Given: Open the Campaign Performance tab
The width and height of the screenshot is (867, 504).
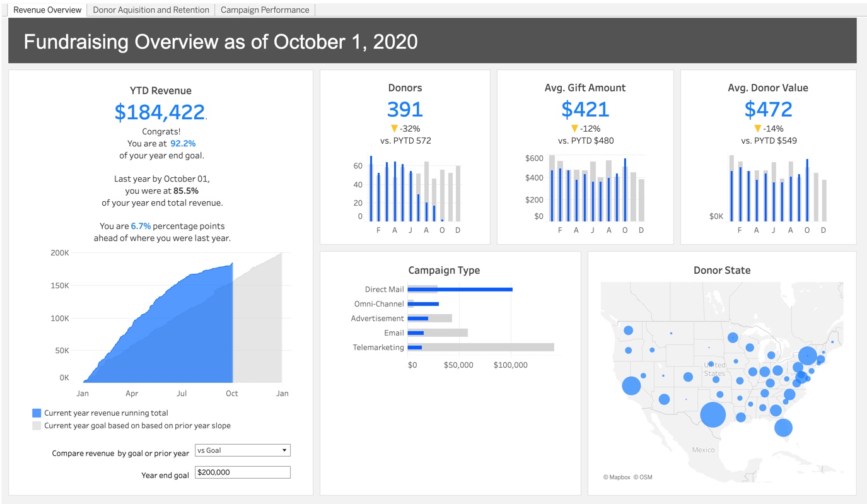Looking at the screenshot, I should pyautogui.click(x=265, y=10).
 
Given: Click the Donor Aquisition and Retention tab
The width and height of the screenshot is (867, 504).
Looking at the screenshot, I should pyautogui.click(x=151, y=10).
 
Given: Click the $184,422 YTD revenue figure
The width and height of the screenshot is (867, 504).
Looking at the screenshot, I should pyautogui.click(x=160, y=112).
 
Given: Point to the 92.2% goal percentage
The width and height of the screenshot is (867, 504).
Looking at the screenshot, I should pyautogui.click(x=183, y=143).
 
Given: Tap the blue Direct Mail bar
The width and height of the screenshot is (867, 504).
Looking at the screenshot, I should pyautogui.click(x=460, y=290).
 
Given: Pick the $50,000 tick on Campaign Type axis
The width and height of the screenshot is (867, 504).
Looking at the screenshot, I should pyautogui.click(x=458, y=365).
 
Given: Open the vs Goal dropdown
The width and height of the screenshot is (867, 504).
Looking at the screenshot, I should pyautogui.click(x=242, y=450).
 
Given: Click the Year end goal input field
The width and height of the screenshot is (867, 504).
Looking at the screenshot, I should pyautogui.click(x=242, y=472).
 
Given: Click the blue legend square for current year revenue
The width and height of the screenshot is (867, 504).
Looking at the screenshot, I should pyautogui.click(x=37, y=413).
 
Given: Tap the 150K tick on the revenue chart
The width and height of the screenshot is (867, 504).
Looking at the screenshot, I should pyautogui.click(x=60, y=286).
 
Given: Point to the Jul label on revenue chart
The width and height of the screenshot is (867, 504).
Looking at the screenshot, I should pyautogui.click(x=182, y=394).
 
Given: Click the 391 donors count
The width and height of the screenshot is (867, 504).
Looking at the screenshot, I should pyautogui.click(x=405, y=110).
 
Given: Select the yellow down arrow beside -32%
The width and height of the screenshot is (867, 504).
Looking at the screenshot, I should pyautogui.click(x=394, y=129).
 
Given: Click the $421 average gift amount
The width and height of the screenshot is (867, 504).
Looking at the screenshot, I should pyautogui.click(x=585, y=110).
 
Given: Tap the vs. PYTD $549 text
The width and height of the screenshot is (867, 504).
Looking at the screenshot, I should pyautogui.click(x=768, y=141).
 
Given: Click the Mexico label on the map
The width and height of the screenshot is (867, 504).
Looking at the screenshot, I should pyautogui.click(x=703, y=450).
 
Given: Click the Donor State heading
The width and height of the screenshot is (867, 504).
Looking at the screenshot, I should pyautogui.click(x=722, y=271).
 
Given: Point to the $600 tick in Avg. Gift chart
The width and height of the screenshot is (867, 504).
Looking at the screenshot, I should pyautogui.click(x=534, y=158).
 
